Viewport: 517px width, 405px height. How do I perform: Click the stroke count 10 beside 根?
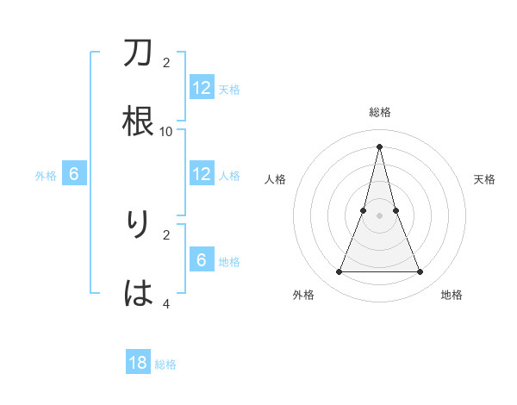166,131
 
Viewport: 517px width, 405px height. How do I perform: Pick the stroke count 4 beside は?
166,303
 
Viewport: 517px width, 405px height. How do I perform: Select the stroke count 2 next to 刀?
166,63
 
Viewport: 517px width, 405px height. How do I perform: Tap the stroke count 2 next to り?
166,234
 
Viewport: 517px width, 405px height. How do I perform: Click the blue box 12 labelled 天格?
202,88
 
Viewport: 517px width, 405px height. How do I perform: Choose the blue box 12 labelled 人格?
202,174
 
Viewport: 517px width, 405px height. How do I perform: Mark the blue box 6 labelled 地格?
202,260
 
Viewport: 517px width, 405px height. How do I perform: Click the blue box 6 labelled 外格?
74,174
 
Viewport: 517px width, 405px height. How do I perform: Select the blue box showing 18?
138,363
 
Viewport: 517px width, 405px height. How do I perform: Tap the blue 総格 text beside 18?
165,364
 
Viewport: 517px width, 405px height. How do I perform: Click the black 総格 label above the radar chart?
379,112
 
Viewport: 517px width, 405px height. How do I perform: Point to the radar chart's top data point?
379,146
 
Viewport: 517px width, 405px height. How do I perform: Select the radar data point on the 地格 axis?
420,272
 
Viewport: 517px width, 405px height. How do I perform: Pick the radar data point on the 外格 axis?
339,272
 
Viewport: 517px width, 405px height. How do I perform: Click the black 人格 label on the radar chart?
275,179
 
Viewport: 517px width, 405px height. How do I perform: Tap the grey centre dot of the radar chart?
379,215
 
